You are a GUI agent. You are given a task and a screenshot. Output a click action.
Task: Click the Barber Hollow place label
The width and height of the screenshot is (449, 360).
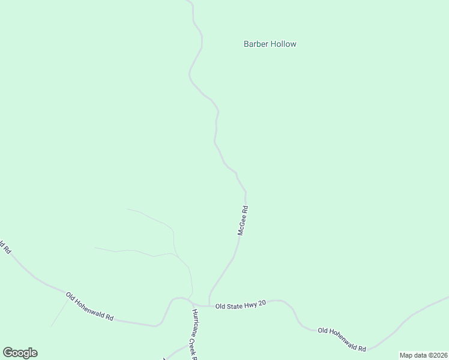click(x=270, y=44)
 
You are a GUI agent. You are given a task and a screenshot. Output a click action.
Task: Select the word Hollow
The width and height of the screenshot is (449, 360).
click(x=283, y=44)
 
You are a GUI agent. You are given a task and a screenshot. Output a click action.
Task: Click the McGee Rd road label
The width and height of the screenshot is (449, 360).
click(x=243, y=221)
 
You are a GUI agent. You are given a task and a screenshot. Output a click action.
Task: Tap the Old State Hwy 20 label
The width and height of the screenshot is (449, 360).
click(x=241, y=305)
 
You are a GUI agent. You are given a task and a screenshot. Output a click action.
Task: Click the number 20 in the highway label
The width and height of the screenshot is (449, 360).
click(x=262, y=305)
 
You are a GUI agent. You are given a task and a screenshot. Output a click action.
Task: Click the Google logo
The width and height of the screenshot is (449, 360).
click(x=20, y=353)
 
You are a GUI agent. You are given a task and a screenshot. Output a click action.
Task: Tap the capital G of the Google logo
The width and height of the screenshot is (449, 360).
click(x=7, y=353)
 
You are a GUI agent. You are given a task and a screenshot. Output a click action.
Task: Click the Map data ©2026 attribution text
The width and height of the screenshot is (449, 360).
click(x=423, y=355)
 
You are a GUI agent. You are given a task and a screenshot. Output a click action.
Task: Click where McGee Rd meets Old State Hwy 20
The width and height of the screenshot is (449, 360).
click(x=209, y=305)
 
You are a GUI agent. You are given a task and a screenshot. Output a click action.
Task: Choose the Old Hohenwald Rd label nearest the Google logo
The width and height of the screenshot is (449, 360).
click(x=89, y=307)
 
